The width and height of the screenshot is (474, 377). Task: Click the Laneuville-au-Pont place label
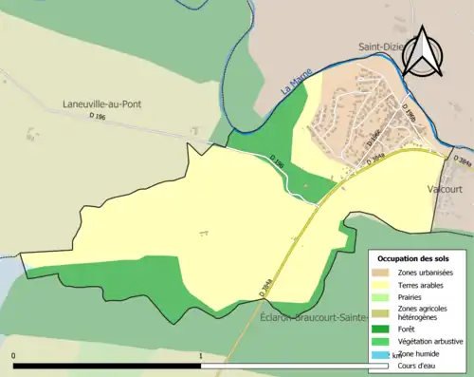point(102,104)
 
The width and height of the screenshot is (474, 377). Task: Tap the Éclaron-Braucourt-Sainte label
point(313,320)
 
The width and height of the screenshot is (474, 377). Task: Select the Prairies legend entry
point(412,296)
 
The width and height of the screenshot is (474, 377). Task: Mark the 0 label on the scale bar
point(13,356)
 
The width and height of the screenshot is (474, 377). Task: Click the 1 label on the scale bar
point(199,356)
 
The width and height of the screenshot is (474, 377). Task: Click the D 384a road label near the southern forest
point(267,287)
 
